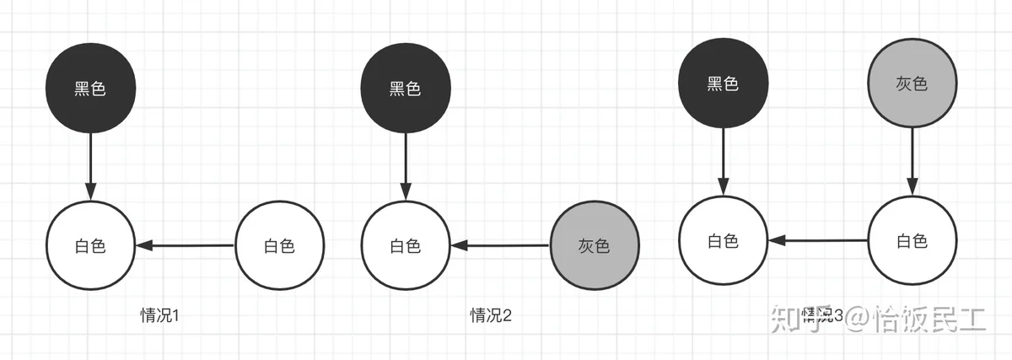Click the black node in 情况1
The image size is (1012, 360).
[90, 89]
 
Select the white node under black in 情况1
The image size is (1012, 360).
[90, 246]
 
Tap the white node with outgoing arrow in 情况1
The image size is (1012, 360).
[279, 246]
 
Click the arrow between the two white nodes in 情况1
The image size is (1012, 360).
[185, 246]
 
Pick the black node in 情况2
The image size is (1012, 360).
[405, 89]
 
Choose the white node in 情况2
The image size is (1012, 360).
[405, 246]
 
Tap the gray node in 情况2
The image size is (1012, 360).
[594, 246]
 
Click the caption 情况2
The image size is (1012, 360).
[492, 315]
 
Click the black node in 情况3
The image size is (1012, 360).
[723, 83]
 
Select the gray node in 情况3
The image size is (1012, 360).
[911, 83]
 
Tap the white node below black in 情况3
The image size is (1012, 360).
[723, 240]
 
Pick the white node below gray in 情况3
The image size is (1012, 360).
[911, 240]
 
